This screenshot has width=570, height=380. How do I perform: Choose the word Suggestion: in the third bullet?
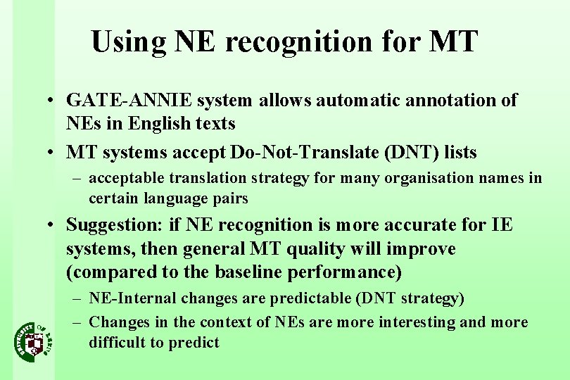coord(114,225)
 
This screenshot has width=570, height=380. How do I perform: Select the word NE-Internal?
coord(133,298)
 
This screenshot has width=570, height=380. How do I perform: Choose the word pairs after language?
coord(231,198)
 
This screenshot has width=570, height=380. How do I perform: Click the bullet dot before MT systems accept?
coord(53,153)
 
